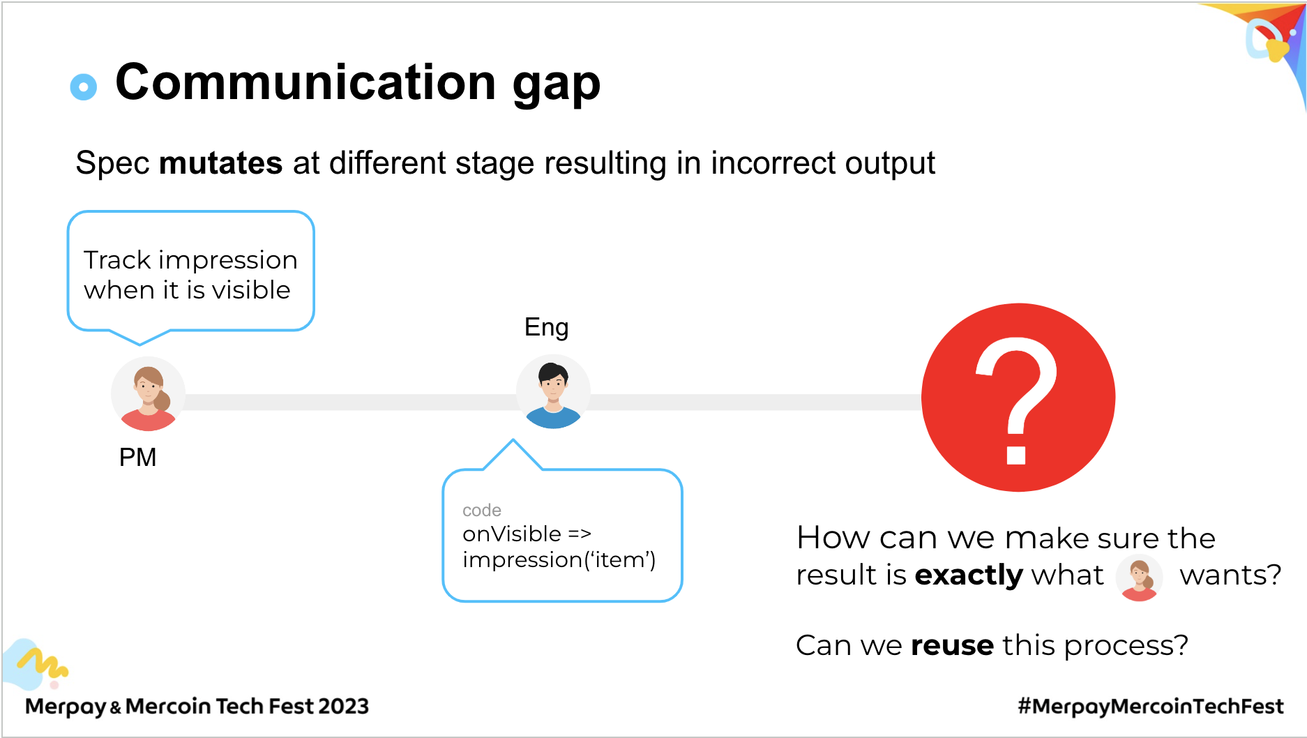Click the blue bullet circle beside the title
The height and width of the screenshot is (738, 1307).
tap(84, 86)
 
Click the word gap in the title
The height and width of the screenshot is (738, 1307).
tap(557, 85)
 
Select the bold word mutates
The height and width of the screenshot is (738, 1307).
tap(220, 163)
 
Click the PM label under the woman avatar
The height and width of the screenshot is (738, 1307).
tap(137, 458)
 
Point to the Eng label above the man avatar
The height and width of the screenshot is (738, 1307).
tap(546, 328)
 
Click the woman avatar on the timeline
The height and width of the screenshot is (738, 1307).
tap(148, 393)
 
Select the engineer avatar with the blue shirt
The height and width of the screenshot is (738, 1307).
tap(553, 392)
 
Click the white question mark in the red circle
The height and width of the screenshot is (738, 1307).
tap(1016, 400)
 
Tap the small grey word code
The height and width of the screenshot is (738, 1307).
tap(482, 511)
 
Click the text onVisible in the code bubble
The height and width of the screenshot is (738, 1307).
tap(512, 534)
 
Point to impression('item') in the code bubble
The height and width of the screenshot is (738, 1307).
tap(559, 560)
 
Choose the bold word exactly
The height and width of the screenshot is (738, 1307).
tap(968, 575)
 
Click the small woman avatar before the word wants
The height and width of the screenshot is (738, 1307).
tap(1139, 578)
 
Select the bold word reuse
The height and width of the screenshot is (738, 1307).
tap(952, 646)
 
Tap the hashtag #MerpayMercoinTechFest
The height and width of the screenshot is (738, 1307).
tap(1151, 707)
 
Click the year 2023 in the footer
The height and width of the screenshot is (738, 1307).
tap(343, 707)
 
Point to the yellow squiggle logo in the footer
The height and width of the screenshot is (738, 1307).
tap(42, 663)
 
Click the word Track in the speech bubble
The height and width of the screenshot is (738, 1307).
tap(117, 260)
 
